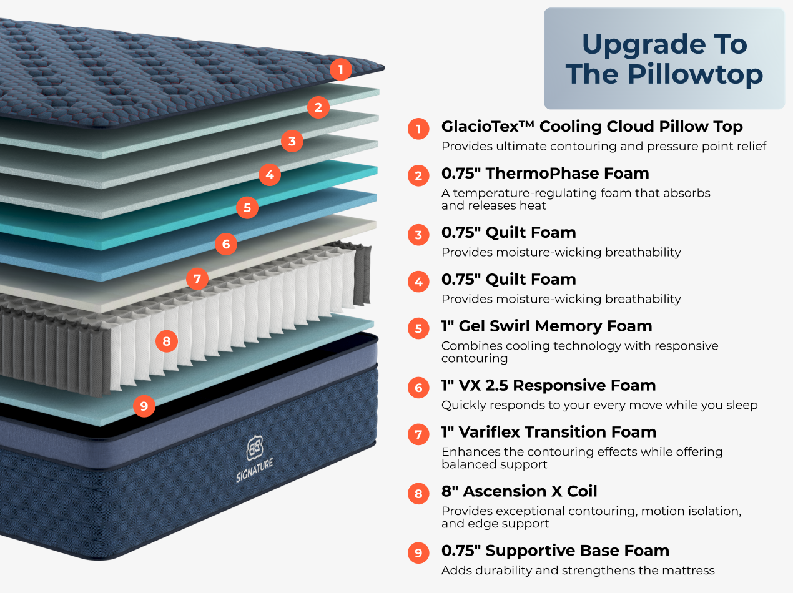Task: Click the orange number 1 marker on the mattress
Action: coord(340,69)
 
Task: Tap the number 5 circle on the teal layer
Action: coord(247,207)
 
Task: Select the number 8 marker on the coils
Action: coord(166,341)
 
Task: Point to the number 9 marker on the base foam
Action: coord(144,406)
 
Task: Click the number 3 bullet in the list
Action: coord(418,235)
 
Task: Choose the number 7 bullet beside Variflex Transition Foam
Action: coord(418,434)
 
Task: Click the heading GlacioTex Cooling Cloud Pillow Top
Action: coord(591,127)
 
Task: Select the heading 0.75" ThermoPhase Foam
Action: coord(545,174)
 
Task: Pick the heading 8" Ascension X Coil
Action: coord(519,491)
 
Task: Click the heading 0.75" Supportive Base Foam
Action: coord(555,551)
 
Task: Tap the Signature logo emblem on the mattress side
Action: coord(254,447)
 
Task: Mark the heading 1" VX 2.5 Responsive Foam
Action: coord(548,385)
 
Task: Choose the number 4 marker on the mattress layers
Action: coord(270,175)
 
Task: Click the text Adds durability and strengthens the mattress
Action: coord(578,570)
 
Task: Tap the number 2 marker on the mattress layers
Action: coord(318,107)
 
